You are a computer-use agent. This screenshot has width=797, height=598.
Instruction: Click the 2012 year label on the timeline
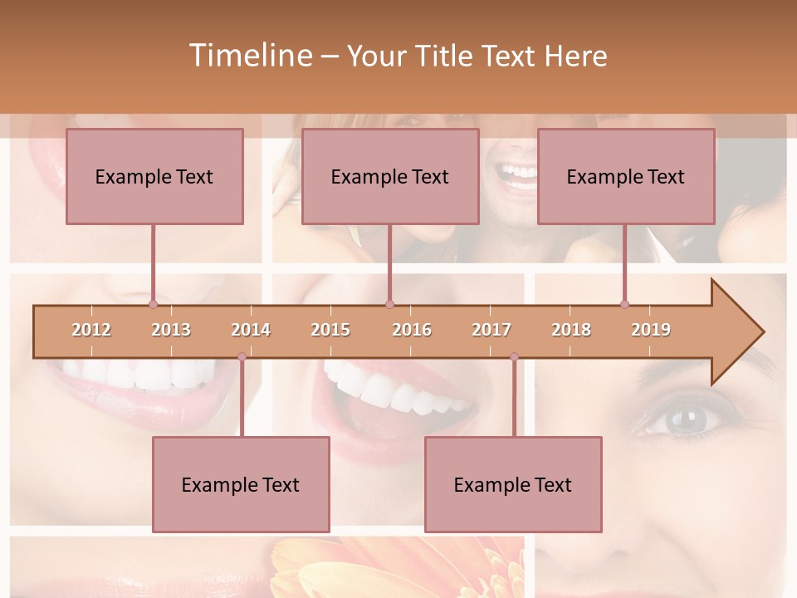[91, 330]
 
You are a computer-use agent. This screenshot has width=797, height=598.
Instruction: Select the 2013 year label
[171, 330]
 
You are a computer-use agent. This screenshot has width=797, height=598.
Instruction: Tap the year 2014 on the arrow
[251, 330]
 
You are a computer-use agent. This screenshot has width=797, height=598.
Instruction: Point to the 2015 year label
[330, 330]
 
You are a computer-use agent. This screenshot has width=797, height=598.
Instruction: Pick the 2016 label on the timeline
[412, 330]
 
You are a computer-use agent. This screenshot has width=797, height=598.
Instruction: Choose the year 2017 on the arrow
[491, 330]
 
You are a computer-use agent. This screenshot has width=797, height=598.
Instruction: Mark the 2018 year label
[571, 330]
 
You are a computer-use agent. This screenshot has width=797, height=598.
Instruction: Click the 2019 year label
[651, 330]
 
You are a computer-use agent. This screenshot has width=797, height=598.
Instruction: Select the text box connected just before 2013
[154, 176]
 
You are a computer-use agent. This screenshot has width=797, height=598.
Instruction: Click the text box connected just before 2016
[390, 176]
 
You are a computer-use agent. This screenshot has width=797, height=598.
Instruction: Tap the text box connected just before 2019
[626, 176]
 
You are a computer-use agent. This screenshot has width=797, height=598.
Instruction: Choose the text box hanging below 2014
[241, 484]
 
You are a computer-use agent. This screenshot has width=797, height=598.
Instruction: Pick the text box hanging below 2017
[513, 484]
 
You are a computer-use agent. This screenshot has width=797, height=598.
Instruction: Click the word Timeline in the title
[249, 56]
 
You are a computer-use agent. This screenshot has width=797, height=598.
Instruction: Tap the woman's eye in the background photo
[682, 420]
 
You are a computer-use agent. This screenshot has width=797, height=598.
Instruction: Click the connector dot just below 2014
[242, 357]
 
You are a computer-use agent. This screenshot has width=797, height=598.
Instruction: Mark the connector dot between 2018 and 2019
[624, 304]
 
